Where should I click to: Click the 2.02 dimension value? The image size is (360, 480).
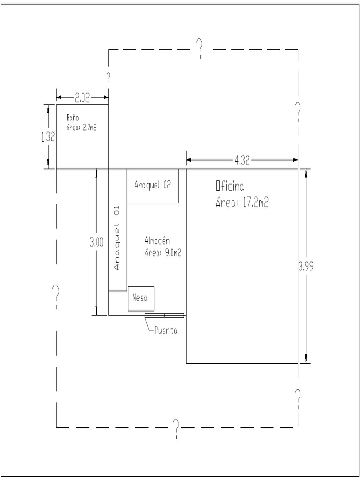[82, 97]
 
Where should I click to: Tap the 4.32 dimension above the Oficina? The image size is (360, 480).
[242, 160]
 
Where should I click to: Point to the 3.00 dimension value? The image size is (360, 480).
[97, 242]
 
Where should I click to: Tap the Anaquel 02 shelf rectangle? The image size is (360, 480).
[152, 186]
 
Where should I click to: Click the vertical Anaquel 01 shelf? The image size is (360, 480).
[117, 230]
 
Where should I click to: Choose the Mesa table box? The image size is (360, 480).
[141, 298]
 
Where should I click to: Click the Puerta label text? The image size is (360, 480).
[165, 331]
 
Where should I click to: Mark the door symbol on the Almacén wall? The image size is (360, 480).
[164, 315]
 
